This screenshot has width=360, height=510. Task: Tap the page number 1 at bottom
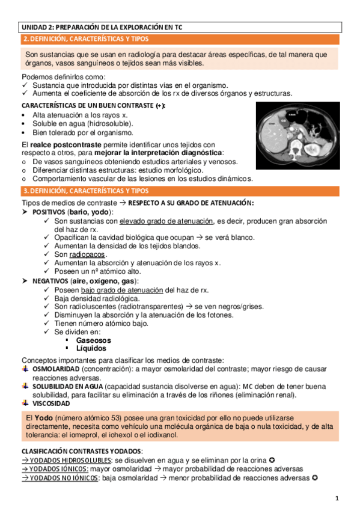337,498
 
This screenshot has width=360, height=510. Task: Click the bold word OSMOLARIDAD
56,367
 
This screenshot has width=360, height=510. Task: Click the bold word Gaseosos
93,340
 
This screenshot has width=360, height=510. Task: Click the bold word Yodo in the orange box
43,417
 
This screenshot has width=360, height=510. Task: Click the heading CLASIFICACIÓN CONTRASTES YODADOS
81,450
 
